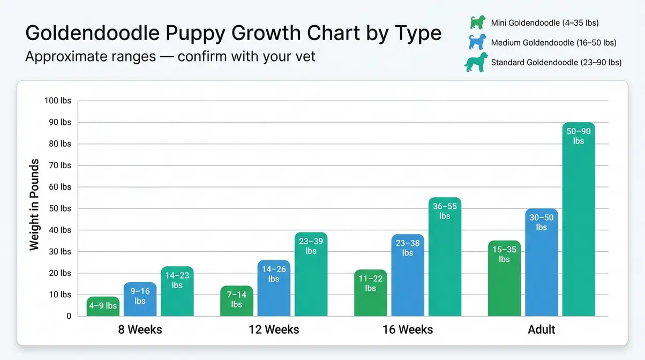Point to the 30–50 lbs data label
[x=542, y=222]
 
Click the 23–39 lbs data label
[x=311, y=246]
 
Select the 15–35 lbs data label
[x=504, y=254]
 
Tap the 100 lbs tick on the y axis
[x=58, y=101]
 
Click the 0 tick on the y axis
[x=69, y=316]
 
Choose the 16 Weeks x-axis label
[x=407, y=329]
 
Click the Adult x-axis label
[x=541, y=329]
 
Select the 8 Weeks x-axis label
[x=140, y=329]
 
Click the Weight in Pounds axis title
[x=35, y=204]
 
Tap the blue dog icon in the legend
[x=477, y=42]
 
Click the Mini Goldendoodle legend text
[x=544, y=23]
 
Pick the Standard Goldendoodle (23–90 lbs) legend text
[x=556, y=62]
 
